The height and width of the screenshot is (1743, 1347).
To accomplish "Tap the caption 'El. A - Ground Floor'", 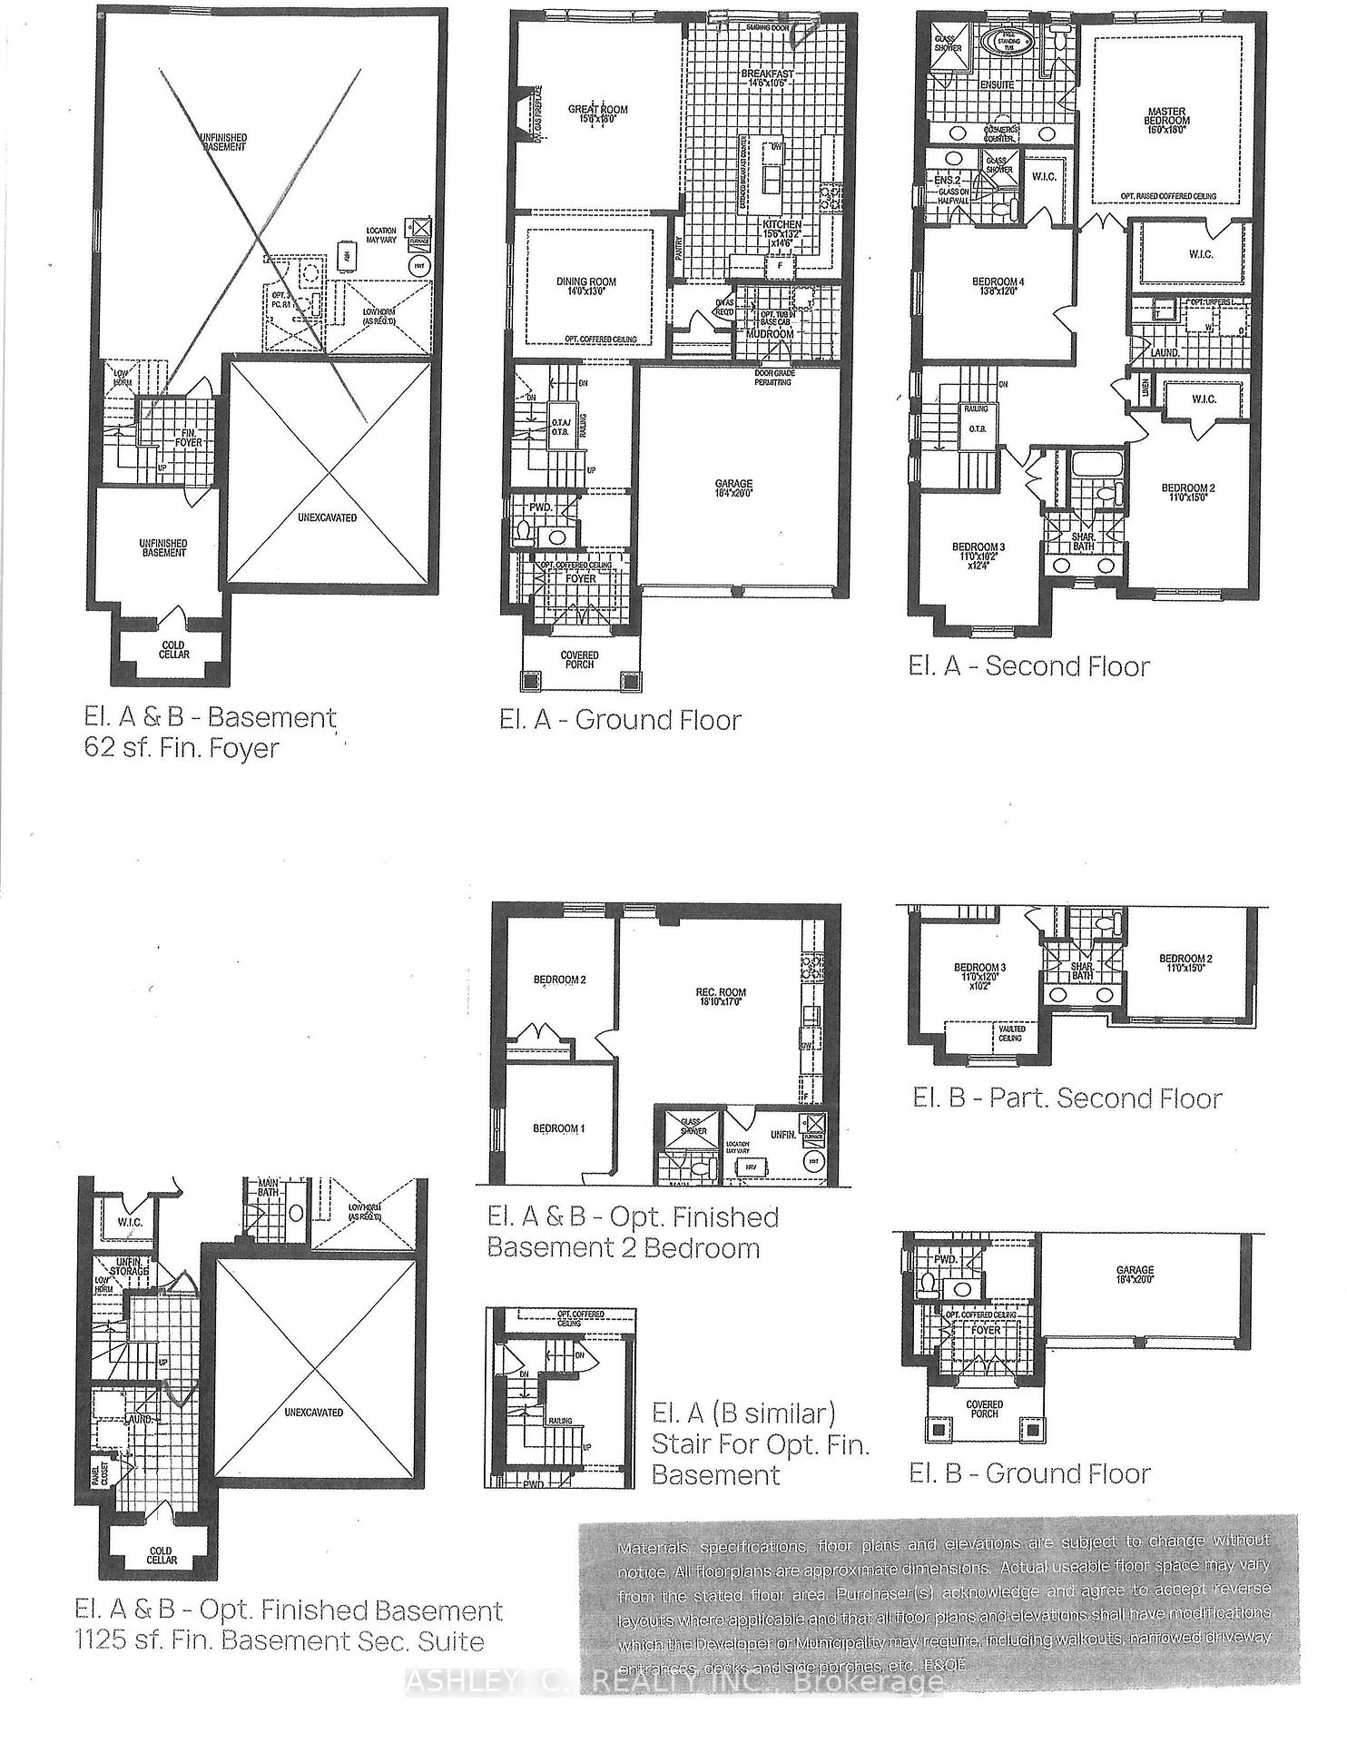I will (x=620, y=721).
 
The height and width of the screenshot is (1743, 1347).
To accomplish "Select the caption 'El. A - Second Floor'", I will (x=1028, y=666).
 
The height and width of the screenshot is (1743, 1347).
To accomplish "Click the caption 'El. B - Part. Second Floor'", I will (x=1067, y=1098).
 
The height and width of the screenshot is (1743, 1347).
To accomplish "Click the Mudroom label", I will (x=770, y=334).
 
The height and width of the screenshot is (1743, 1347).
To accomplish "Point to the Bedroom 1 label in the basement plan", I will (x=558, y=1128).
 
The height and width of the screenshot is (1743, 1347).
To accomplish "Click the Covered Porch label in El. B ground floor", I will (x=984, y=1409).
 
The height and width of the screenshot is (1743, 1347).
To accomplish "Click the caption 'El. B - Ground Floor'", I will (x=1029, y=1473).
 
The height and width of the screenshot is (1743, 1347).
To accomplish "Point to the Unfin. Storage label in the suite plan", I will (x=130, y=1265).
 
